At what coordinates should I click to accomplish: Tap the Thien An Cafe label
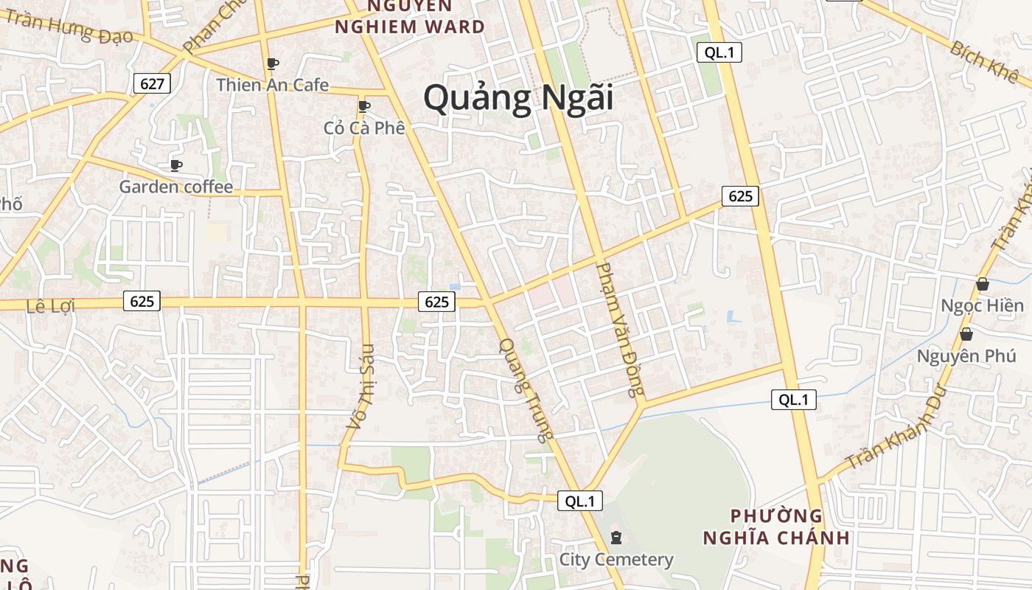272,85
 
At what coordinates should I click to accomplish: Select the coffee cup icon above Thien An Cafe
272,63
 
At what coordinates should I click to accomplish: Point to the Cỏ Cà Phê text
364,128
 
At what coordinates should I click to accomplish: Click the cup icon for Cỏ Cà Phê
363,106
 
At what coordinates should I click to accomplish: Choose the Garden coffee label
176,187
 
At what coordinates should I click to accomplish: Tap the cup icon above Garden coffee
175,164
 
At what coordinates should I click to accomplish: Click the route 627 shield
152,83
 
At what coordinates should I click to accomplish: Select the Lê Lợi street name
50,305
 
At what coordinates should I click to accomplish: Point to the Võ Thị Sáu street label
361,386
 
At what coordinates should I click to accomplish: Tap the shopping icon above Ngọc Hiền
982,284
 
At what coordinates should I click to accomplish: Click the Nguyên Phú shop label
966,356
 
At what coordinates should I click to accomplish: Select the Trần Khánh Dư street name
895,432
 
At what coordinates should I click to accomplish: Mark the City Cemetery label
616,560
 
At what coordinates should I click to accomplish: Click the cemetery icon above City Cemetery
616,538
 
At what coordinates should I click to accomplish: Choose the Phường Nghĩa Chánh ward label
776,526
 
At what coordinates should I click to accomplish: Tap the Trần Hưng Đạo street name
71,27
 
